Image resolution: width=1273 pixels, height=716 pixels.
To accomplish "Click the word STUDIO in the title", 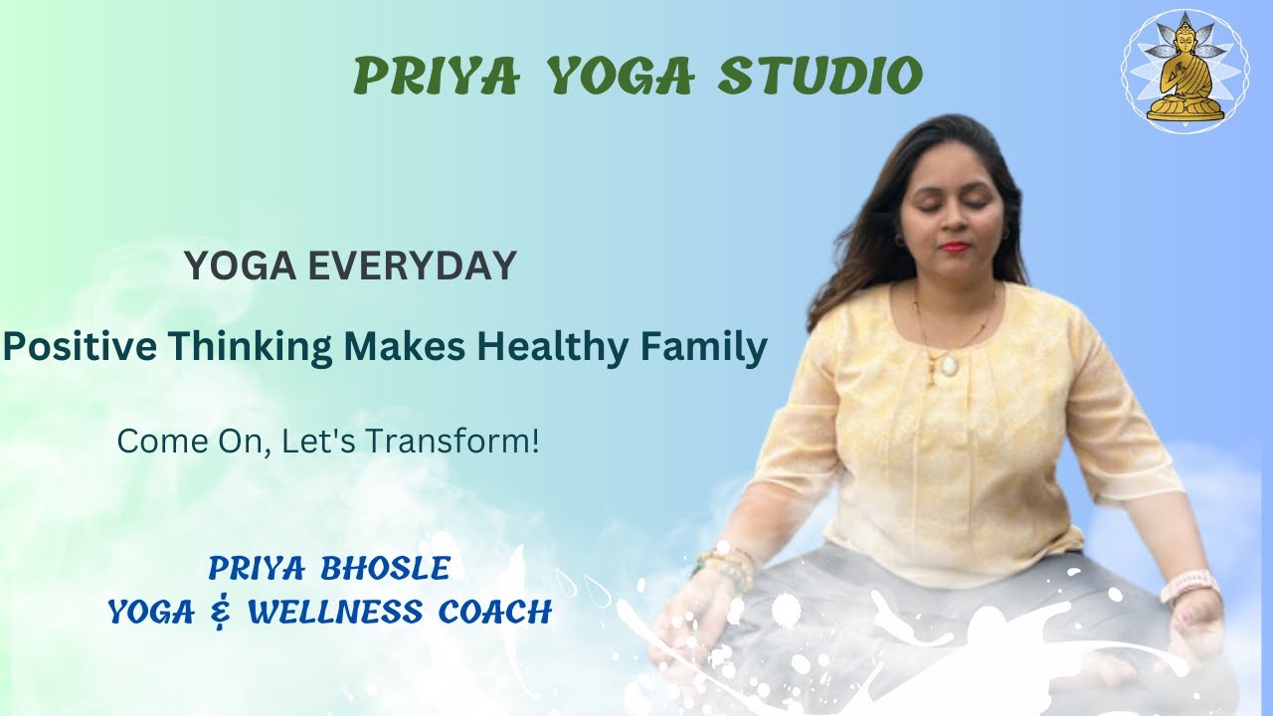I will pyautogui.click(x=821, y=76).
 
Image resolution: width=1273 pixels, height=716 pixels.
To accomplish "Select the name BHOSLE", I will pyautogui.click(x=386, y=569).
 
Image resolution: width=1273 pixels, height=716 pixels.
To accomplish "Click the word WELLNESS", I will pyautogui.click(x=334, y=612).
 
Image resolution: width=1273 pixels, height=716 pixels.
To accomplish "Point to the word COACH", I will pyautogui.click(x=494, y=612).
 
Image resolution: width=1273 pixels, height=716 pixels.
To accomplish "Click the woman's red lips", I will pyautogui.click(x=954, y=246).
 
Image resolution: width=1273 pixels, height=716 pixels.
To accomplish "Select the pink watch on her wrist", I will pyautogui.click(x=1190, y=586).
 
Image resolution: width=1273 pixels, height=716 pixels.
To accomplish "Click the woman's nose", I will pyautogui.click(x=953, y=219).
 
